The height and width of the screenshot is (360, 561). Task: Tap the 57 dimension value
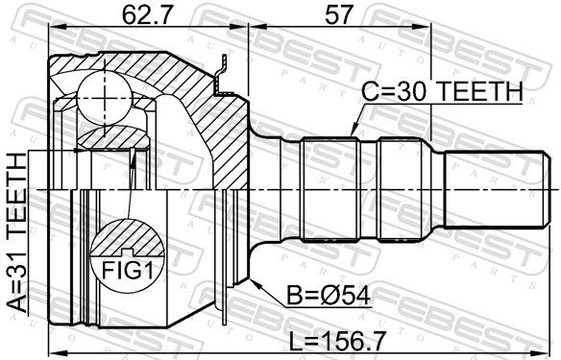coord(338,14)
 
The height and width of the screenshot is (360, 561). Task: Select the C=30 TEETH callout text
coord(443,92)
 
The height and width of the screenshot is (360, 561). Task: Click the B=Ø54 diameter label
coord(329,296)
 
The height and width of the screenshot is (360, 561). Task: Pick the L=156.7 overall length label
coord(337,341)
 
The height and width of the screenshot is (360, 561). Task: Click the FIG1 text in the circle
coord(128,271)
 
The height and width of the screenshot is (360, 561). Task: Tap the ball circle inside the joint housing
coord(105,97)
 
